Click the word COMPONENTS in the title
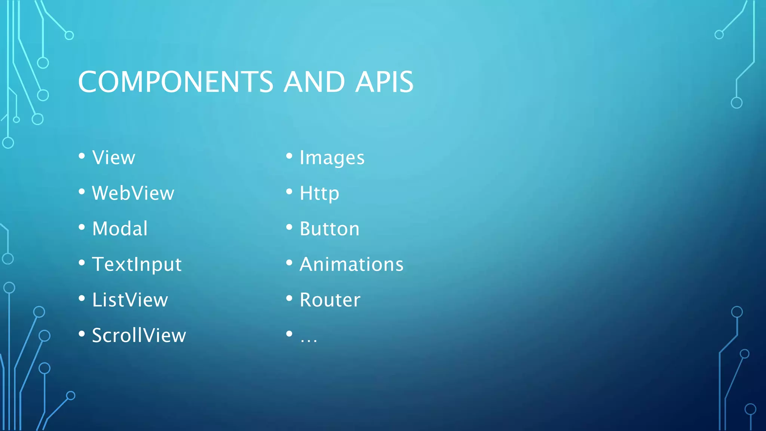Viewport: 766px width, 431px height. (176, 82)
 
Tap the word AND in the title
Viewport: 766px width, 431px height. (314, 82)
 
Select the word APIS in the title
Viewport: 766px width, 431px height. (384, 82)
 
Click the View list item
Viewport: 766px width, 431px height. (114, 158)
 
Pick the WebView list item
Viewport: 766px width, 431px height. (133, 193)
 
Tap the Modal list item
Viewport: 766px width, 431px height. (120, 229)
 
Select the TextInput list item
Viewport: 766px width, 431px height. (137, 265)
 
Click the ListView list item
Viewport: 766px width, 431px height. (130, 300)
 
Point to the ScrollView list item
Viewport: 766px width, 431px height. (139, 335)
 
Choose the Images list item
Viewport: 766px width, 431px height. (332, 158)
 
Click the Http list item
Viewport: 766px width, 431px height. (319, 193)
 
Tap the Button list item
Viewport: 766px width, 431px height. (330, 229)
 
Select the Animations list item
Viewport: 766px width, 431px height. (352, 264)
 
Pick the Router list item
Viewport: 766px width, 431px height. (330, 300)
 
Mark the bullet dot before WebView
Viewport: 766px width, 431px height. (82, 192)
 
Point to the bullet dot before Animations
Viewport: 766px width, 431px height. (289, 263)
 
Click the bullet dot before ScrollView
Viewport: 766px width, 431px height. (82, 334)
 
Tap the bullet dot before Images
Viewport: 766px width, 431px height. (289, 156)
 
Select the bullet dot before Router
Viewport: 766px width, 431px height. (289, 298)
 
